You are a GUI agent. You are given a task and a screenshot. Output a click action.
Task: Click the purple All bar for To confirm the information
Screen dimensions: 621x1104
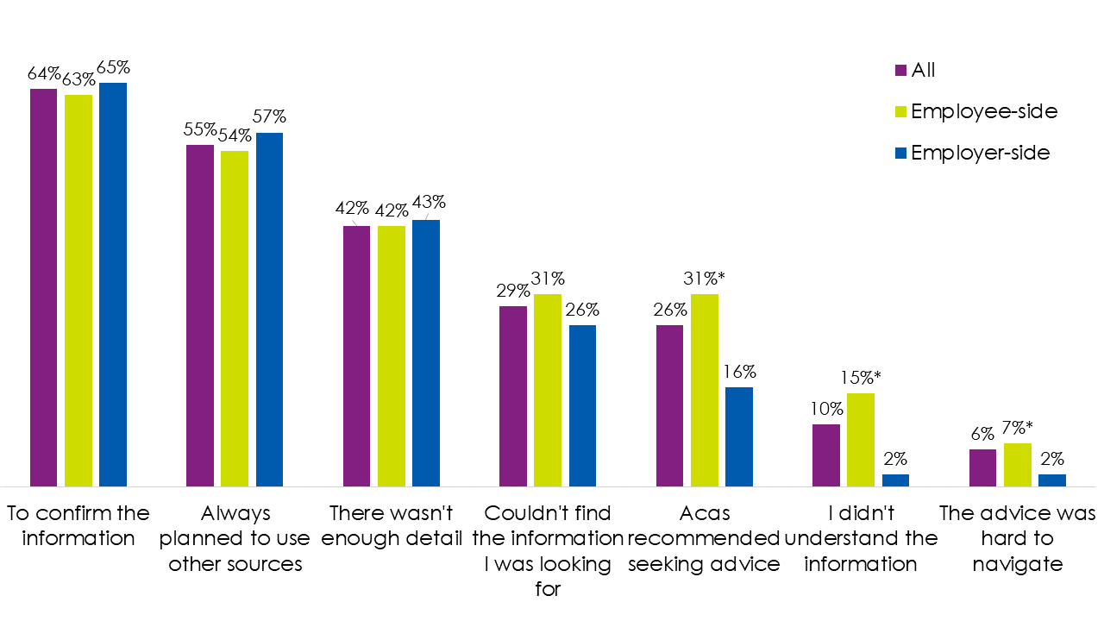[44, 287]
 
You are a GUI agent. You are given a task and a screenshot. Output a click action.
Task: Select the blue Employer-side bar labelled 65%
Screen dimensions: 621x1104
[113, 285]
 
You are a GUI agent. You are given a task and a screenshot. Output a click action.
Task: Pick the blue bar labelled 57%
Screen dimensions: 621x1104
[269, 310]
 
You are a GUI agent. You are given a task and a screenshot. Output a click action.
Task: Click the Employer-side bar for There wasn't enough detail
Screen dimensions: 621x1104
[426, 354]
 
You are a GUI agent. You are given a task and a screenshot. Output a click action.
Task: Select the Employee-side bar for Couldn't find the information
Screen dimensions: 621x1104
[548, 390]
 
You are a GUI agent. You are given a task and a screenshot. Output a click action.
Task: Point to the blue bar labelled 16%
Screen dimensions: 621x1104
[739, 436]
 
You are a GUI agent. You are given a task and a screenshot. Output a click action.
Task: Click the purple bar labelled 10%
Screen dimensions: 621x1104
[826, 455]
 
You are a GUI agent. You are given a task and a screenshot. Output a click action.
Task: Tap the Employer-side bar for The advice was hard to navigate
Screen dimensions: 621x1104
[1052, 480]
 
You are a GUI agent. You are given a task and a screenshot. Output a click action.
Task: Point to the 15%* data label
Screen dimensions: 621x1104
[863, 378]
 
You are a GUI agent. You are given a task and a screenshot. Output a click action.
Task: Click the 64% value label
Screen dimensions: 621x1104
[43, 73]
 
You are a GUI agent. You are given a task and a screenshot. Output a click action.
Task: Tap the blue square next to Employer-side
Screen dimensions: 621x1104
[901, 153]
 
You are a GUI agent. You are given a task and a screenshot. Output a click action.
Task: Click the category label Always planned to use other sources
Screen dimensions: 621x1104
[235, 538]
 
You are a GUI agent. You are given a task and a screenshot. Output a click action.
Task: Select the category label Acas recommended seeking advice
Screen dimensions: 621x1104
[705, 538]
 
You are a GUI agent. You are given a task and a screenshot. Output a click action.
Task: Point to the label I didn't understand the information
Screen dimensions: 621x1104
[861, 538]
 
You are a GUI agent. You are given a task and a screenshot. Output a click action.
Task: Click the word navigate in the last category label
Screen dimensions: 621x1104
[1017, 564]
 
